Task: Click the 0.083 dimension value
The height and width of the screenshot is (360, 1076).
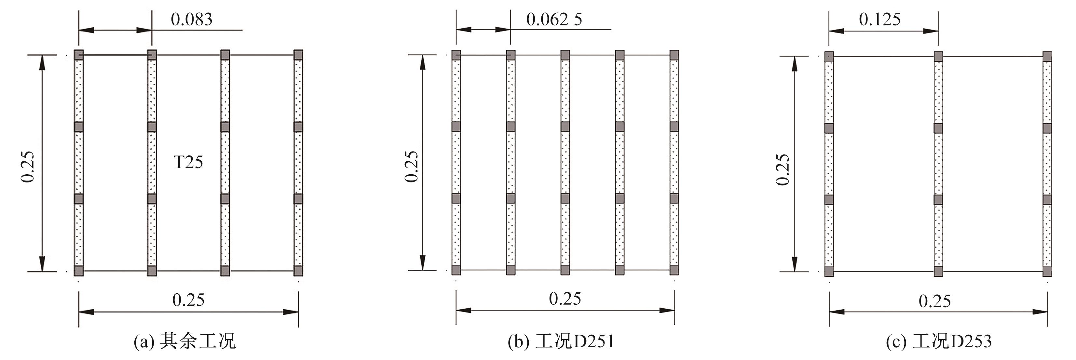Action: point(191,19)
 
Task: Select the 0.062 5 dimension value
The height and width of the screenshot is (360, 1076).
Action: point(554,19)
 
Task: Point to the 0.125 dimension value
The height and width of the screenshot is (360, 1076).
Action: point(880,19)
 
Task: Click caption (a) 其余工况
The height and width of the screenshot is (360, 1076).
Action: point(184,341)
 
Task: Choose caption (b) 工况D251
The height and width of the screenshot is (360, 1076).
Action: point(561,341)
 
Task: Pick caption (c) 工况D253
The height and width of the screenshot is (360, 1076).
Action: point(939,341)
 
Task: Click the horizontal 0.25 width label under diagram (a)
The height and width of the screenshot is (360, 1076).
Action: point(188,300)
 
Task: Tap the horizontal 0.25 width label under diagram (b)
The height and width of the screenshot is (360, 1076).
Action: point(565,299)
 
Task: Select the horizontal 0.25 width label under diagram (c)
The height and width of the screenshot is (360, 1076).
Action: point(935,301)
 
